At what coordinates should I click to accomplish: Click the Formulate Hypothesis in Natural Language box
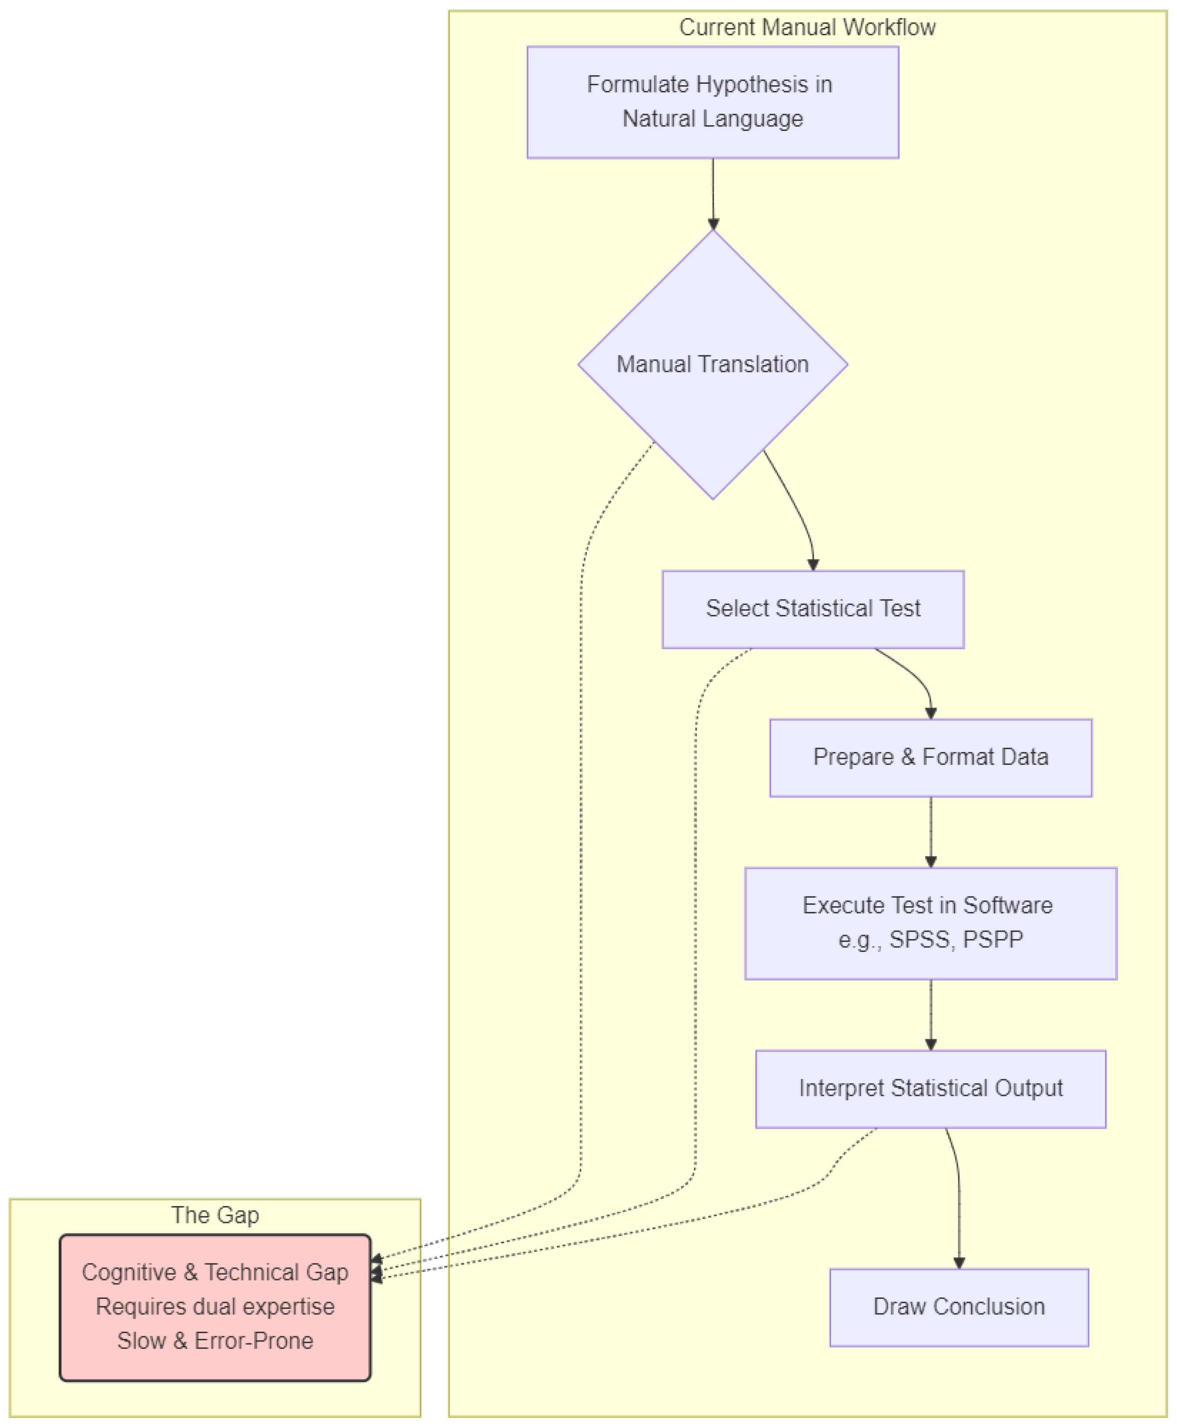[713, 102]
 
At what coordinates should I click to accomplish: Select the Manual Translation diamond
[713, 364]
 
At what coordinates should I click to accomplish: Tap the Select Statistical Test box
[813, 609]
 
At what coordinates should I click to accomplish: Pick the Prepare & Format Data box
[930, 757]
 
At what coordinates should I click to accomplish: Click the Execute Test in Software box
[930, 923]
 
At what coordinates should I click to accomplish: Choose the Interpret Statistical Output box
[930, 1088]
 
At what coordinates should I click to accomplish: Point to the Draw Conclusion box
[959, 1307]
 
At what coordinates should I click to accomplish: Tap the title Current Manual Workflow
[807, 28]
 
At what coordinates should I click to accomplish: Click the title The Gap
[215, 1215]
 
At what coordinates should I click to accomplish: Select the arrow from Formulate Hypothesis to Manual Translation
[713, 193]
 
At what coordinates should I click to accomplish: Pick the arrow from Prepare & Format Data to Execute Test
[930, 831]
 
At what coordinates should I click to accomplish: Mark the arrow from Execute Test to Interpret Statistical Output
[930, 1014]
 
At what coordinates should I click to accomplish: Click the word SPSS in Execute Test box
[919, 940]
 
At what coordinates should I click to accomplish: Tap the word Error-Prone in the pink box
[253, 1341]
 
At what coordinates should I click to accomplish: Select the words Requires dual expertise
[215, 1307]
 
